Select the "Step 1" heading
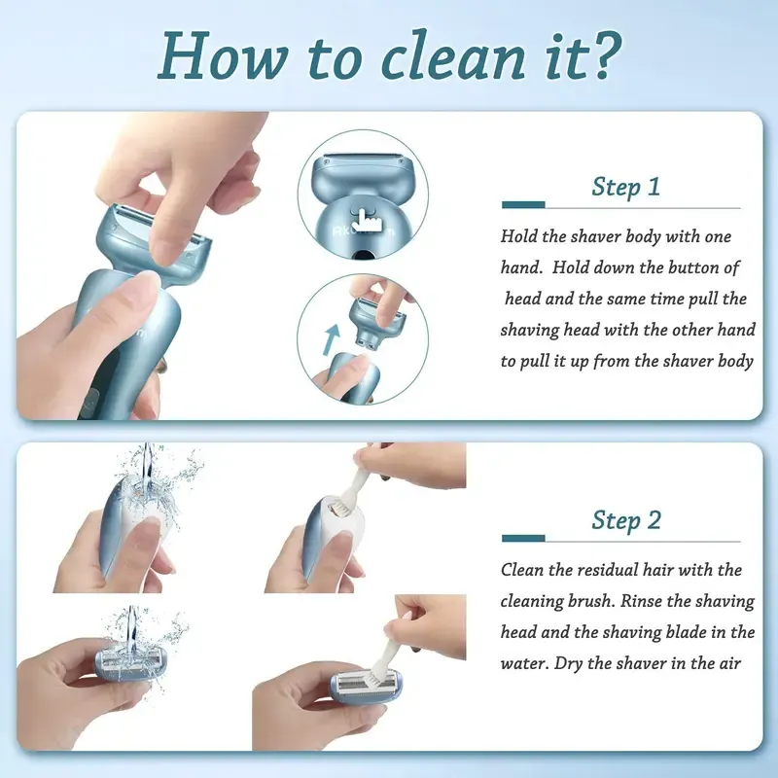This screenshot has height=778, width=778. tap(625, 187)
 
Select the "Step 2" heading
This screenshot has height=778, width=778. tap(625, 519)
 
